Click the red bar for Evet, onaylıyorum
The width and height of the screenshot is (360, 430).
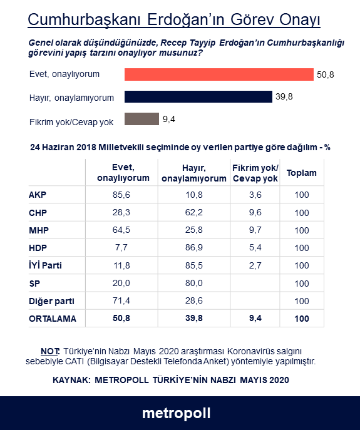pos(219,74)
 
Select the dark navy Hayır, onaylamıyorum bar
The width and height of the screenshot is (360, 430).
pos(198,97)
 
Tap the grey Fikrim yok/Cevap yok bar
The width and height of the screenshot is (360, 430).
pos(141,119)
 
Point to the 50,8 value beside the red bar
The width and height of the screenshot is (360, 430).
pos(325,74)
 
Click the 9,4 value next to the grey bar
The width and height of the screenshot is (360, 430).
pos(169,119)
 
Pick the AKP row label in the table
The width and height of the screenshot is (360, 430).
pos(38,195)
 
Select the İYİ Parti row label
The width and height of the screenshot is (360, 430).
pos(45,265)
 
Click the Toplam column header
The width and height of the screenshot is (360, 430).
pos(302,173)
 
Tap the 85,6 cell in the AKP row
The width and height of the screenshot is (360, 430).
pos(121,195)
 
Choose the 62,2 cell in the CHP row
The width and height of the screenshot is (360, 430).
pos(193,212)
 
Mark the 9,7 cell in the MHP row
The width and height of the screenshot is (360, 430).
pos(255,230)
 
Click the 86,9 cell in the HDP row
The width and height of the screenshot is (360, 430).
pos(193,247)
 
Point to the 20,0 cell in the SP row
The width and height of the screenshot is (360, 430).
pos(121,283)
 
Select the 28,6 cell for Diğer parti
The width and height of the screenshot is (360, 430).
pos(193,300)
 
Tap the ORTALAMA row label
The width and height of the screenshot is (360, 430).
pos(53,319)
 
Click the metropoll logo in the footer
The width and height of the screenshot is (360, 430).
pos(177,413)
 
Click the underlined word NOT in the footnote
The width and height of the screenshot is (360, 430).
pos(50,351)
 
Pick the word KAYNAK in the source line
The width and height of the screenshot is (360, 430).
pos(71,380)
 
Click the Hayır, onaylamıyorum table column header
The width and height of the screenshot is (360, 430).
pos(194,173)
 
